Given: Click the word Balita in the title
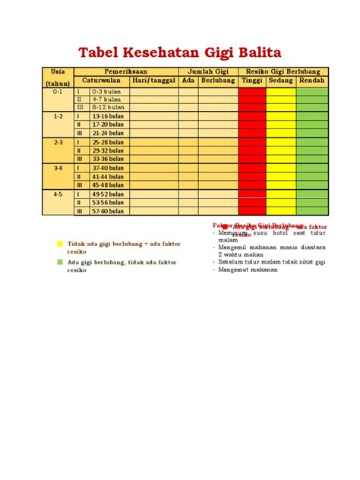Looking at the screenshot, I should coord(254,52).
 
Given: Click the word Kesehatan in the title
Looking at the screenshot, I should coord(161,52).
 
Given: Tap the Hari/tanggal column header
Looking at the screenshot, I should coord(154,81).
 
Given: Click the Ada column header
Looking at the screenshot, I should coord(188,81).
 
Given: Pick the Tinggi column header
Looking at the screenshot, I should coord(251,81).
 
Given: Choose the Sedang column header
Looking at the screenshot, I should coord(281,81).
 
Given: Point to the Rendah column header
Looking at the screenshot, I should coord(312,81).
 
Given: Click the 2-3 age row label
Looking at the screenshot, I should coord(58,142).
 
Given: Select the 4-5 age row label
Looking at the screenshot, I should coord(58,194).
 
